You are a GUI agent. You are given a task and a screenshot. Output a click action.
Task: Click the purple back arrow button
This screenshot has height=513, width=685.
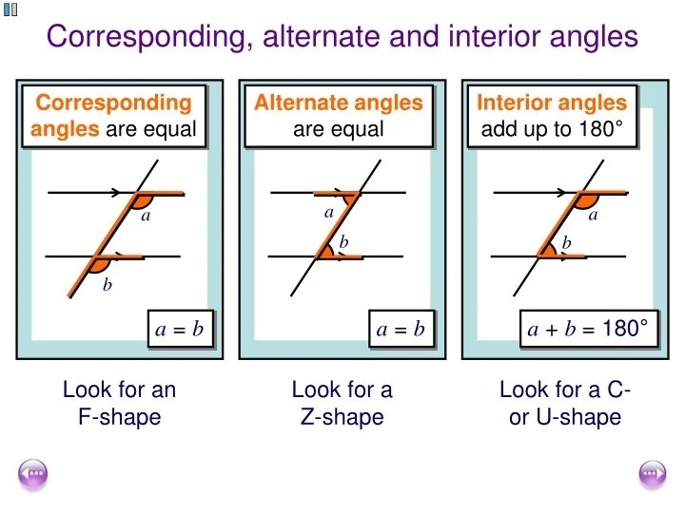tap(32, 474)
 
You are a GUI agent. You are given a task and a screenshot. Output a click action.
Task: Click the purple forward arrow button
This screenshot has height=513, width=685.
tap(653, 474)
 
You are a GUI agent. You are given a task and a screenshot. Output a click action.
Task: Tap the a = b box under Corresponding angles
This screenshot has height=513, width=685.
tap(181, 329)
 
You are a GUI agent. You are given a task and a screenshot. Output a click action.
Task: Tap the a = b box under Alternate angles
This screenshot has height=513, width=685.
tap(401, 329)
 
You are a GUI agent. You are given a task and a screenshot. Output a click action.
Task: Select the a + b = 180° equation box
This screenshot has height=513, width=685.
tap(589, 329)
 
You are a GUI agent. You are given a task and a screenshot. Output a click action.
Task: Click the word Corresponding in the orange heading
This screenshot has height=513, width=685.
tap(113, 103)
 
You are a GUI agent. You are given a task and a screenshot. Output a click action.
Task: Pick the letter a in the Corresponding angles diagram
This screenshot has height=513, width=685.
tap(146, 215)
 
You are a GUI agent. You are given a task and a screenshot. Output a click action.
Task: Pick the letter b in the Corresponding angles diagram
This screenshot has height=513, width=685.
tap(107, 284)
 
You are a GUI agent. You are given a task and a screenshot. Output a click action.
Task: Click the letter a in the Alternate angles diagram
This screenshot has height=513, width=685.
tap(329, 213)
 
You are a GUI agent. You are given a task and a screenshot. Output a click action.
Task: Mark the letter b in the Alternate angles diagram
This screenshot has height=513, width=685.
tap(343, 241)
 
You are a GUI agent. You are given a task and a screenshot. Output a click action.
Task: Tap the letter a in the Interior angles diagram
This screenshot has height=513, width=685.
tap(593, 215)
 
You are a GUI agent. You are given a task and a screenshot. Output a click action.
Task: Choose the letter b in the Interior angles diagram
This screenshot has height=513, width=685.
tap(567, 242)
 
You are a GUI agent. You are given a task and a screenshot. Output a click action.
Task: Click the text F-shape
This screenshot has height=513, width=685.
tap(120, 417)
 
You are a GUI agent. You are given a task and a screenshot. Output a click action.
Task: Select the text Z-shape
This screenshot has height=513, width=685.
tap(342, 417)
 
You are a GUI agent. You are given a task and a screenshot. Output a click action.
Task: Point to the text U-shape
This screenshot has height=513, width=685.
tap(578, 417)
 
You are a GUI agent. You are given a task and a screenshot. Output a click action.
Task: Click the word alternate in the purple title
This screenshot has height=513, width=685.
tap(322, 36)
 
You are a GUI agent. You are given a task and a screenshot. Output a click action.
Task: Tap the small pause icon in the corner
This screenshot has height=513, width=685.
tap(10, 9)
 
